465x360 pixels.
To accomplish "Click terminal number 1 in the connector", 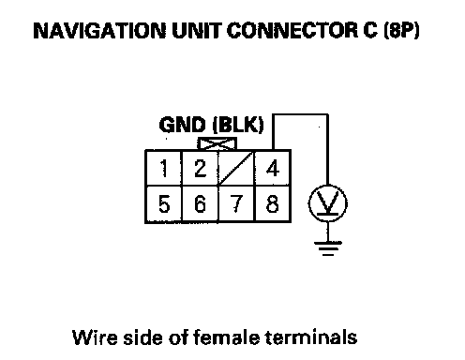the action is coord(163,168).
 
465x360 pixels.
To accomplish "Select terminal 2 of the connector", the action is coord(200,168).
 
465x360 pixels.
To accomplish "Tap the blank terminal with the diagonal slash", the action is coord(236,168).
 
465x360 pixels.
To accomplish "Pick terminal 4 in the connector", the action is coord(273,168).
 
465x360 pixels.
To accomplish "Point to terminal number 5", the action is coord(163,203).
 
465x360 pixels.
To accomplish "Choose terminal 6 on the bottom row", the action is coord(200,203).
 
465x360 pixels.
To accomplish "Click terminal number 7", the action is coord(236,203).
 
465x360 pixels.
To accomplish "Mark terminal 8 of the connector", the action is coord(273,203).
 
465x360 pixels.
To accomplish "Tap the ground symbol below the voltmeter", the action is coord(328,248).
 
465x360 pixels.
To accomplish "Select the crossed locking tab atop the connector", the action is coord(217,144).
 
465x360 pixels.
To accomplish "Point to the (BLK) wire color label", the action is coord(238,125).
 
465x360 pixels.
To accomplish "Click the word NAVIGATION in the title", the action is coord(99,31).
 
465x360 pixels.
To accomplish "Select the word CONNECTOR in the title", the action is coord(292,31).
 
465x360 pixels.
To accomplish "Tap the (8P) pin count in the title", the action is coord(401,31).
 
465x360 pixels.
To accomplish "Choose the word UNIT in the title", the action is coord(197,31).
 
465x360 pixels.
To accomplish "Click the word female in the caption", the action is coord(226,337).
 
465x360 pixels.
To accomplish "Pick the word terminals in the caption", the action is coord(311,337).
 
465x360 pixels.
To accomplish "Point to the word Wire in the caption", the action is coord(95,337).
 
